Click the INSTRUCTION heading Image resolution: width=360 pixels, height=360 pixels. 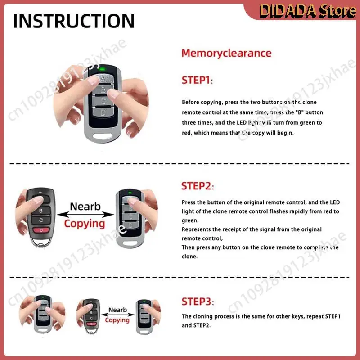(74, 21)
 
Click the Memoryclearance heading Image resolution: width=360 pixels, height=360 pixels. (226, 53)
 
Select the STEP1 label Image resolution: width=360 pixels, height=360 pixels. (197, 81)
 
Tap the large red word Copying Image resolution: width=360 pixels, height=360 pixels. (84, 223)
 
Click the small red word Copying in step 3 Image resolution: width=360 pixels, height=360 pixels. (117, 320)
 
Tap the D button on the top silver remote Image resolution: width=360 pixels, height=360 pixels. (103, 112)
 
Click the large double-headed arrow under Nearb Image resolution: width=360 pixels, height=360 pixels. (85, 215)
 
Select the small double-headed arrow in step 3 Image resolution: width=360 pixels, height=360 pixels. (117, 315)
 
